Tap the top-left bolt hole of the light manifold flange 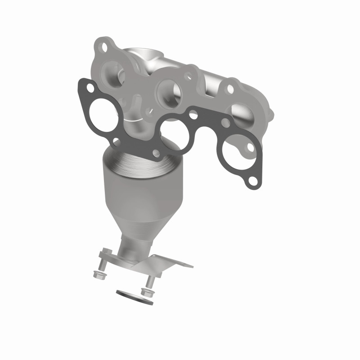point(103,46)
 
